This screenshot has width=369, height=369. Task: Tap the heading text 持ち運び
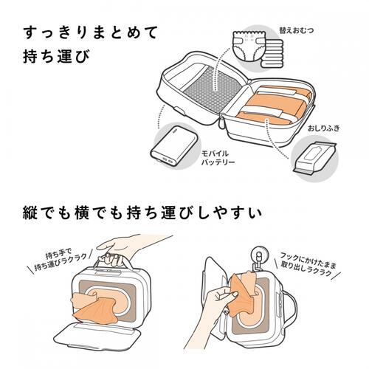pos(55,58)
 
